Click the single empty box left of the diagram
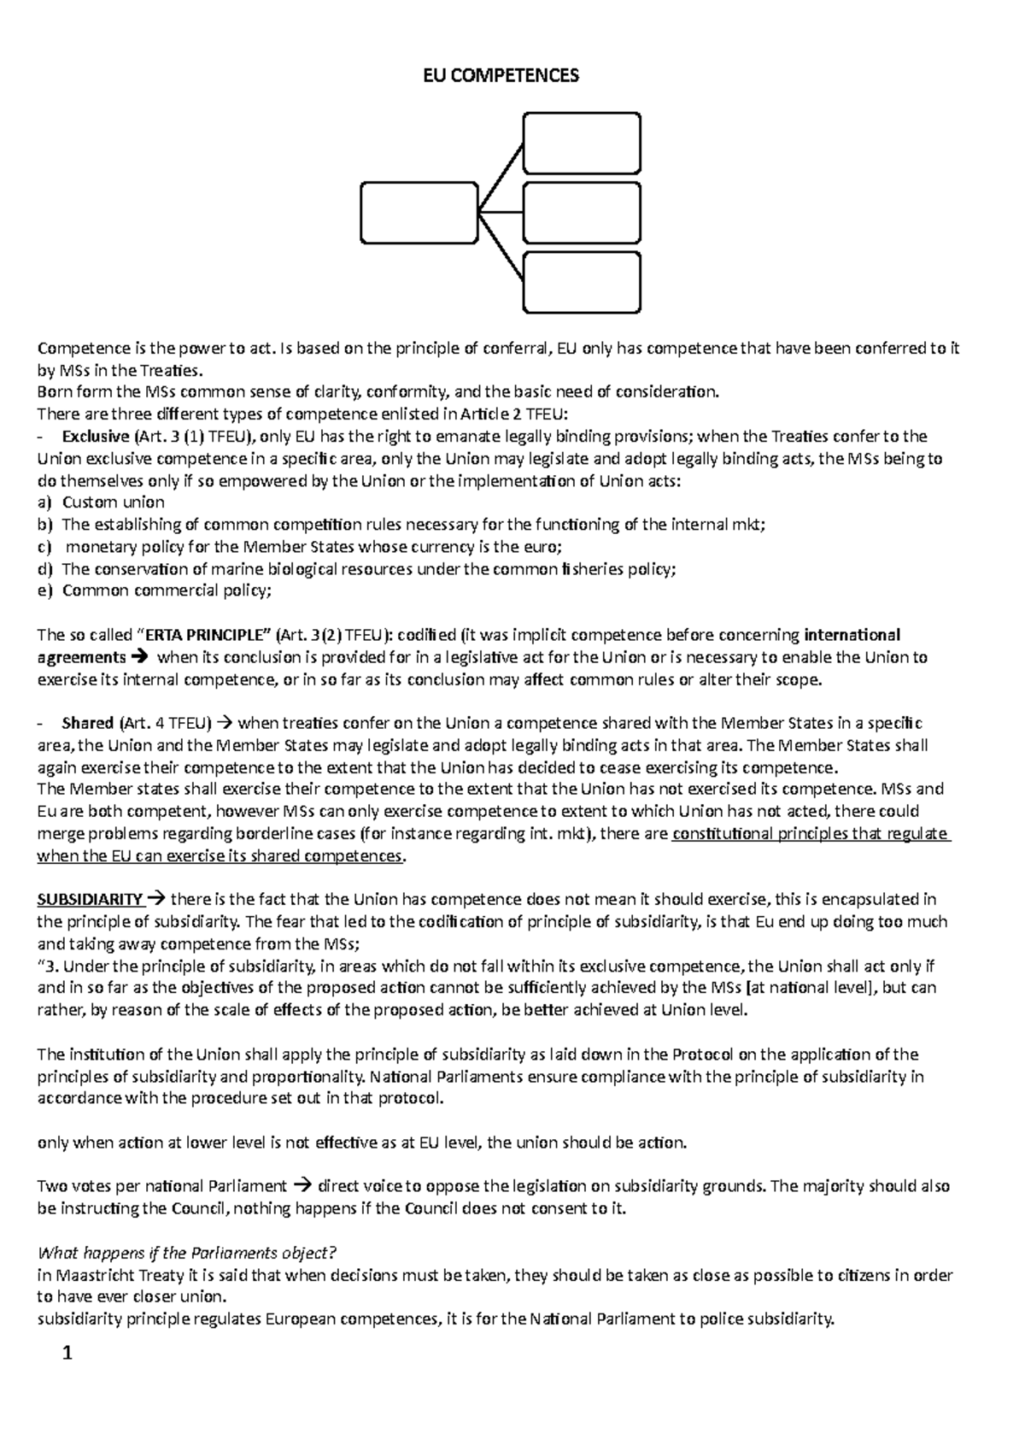(419, 212)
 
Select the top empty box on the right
(582, 144)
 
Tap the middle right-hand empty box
(582, 212)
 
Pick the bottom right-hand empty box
(582, 282)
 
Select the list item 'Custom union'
(114, 502)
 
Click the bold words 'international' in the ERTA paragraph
(852, 635)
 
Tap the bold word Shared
(87, 723)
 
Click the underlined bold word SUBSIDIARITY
(90, 899)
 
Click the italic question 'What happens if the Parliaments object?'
(188, 1253)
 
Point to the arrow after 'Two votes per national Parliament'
(302, 1186)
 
